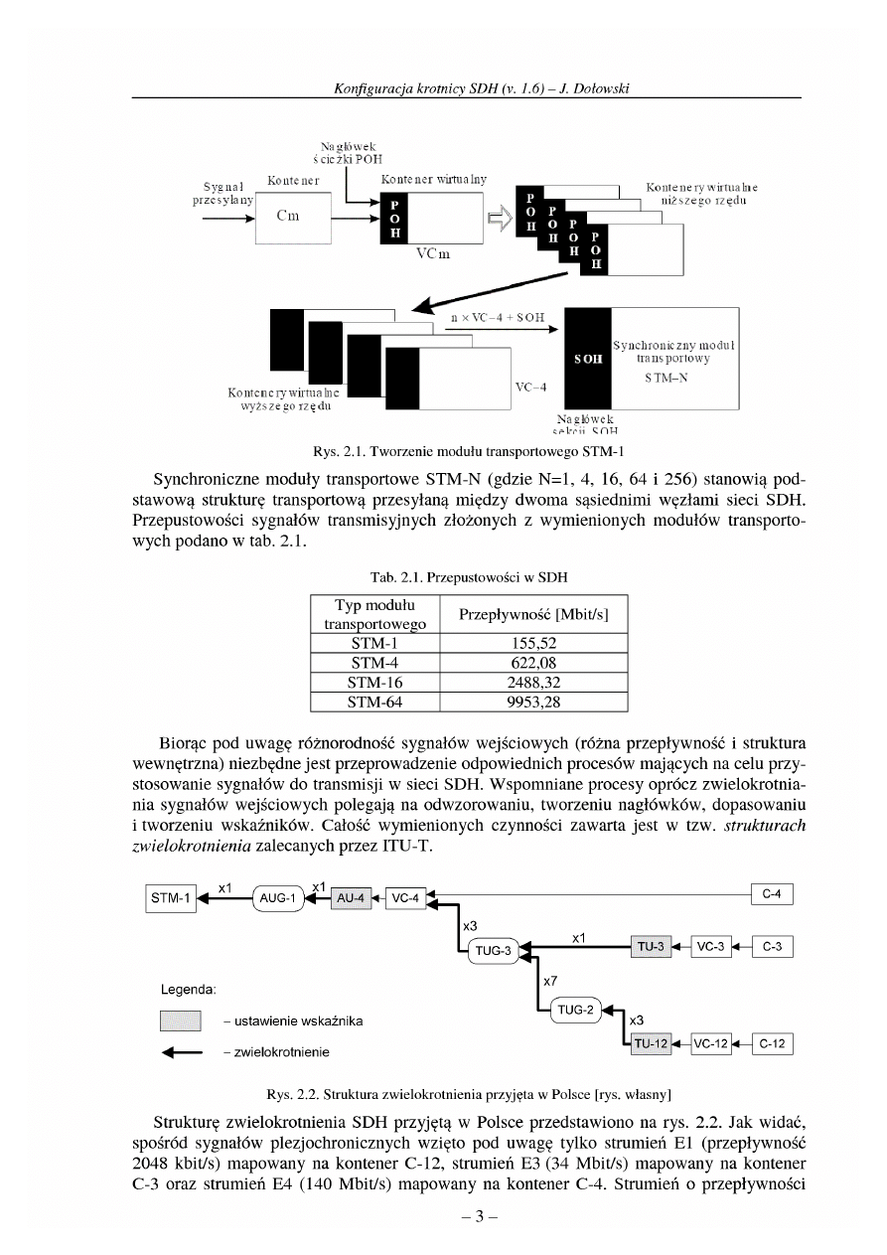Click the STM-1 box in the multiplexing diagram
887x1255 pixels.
click(171, 898)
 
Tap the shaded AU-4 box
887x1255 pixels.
click(353, 898)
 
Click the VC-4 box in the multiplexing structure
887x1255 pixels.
click(404, 898)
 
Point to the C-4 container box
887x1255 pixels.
click(772, 894)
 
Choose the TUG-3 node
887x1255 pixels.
click(494, 951)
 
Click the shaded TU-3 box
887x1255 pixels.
click(651, 947)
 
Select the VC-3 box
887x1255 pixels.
click(710, 947)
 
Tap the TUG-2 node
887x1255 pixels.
click(574, 1011)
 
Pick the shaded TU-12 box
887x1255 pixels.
click(652, 1043)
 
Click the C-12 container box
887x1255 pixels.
click(772, 1043)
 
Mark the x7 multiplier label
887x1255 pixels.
click(547, 980)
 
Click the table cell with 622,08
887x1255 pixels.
click(533, 662)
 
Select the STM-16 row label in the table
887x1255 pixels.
click(374, 683)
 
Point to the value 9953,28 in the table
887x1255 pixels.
click(533, 703)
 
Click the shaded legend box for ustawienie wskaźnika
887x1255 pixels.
click(181, 1020)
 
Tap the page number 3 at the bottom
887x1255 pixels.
click(472, 1216)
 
